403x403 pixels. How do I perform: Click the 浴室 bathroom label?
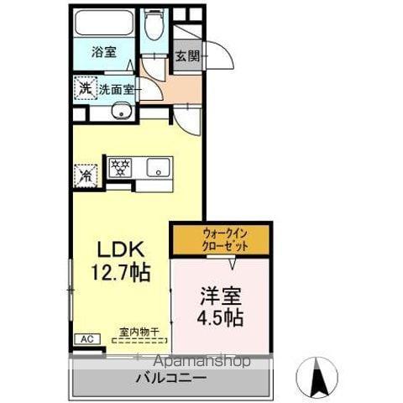(x=105, y=51)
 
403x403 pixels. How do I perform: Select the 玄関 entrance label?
(x=188, y=57)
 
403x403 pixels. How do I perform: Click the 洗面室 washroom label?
(x=117, y=88)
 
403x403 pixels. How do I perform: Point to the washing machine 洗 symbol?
(x=85, y=87)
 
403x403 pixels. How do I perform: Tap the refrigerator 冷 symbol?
(x=85, y=175)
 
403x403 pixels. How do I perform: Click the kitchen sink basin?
(x=156, y=168)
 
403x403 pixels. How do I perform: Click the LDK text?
(x=125, y=249)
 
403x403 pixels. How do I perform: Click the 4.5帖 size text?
(x=222, y=318)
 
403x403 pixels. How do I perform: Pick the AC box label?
(x=86, y=339)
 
